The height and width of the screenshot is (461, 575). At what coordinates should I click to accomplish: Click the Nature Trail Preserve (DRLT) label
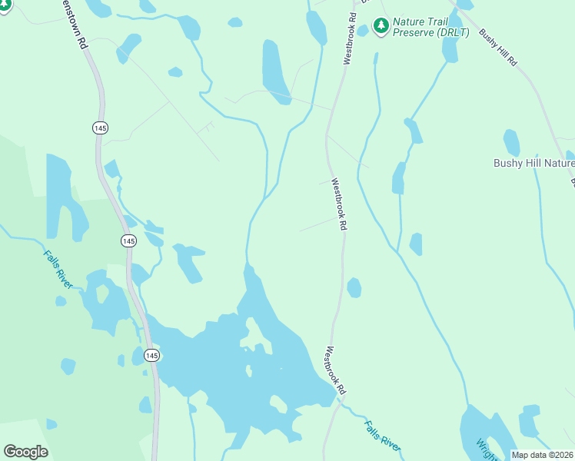tap(431, 27)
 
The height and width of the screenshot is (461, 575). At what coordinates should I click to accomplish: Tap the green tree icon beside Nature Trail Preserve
tap(381, 27)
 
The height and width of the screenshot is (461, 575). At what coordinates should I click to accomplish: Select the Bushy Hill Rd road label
tap(497, 48)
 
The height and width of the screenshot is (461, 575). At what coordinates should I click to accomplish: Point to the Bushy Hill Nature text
tap(533, 163)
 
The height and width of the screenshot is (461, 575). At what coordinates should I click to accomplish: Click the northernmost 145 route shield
tap(100, 128)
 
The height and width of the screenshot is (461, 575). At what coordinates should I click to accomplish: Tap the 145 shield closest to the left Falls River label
tap(128, 241)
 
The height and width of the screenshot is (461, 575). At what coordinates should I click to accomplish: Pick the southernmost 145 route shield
tap(151, 355)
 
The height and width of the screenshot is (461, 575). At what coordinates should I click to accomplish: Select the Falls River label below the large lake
tap(382, 435)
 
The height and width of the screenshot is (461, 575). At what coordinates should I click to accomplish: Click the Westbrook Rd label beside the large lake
tap(335, 371)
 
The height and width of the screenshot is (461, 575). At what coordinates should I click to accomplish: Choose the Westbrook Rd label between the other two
tap(339, 204)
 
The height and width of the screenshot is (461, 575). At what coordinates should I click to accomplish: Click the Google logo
tap(25, 451)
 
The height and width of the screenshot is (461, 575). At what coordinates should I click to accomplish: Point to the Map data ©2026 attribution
tap(542, 455)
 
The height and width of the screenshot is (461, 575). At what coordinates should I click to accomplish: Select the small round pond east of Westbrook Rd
tap(354, 287)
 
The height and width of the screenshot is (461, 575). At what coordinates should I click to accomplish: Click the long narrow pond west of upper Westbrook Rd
tap(274, 71)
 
